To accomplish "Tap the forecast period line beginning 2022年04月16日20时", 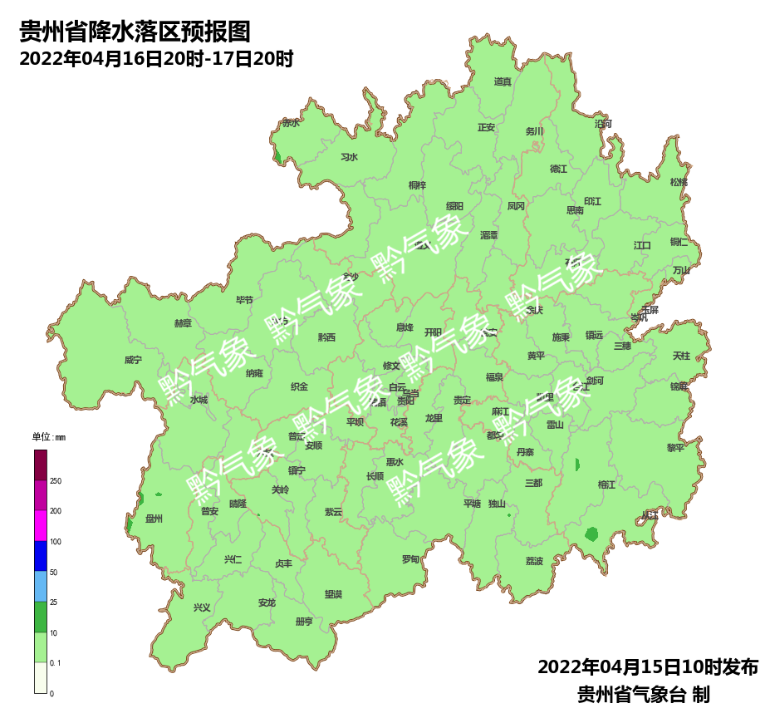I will point(156,60).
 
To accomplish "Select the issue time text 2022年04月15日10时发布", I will point(648,667).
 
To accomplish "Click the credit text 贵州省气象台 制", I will point(644,694).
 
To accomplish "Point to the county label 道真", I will point(503,81).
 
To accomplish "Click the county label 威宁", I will point(133,360).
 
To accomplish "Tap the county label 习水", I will point(349,157).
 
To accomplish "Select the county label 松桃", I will point(679,182).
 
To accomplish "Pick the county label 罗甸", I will point(410,559).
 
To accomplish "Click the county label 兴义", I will point(202,607).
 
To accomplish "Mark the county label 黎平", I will point(675,447).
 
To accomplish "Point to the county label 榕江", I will point(606,484).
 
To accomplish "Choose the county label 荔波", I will point(534,561).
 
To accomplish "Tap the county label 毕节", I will point(244,300).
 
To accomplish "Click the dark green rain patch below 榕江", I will point(591,534).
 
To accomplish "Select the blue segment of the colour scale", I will point(41,556).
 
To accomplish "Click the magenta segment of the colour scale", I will point(41,526).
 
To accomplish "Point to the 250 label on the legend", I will point(56,481).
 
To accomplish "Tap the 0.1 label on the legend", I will point(56,662).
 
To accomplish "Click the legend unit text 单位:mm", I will point(48,437).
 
